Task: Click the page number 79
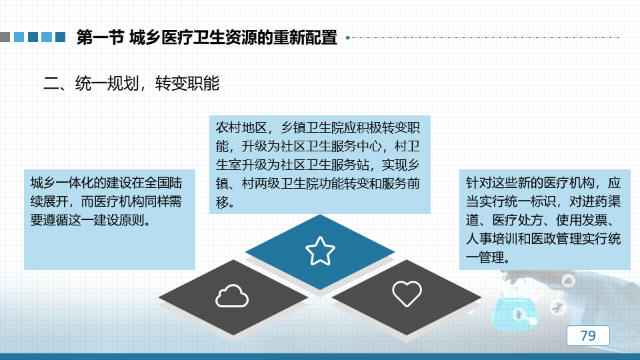tap(588, 335)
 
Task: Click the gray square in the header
tap(5, 37)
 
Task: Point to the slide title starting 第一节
tap(207, 37)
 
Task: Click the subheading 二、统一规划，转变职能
tap(131, 83)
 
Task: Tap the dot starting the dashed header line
tap(348, 37)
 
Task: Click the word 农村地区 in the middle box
tap(241, 128)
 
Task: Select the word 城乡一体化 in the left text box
tap(61, 183)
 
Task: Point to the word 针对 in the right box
tap(479, 183)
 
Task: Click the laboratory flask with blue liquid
tap(515, 308)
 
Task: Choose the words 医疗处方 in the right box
tap(517, 221)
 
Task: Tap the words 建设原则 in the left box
tap(119, 221)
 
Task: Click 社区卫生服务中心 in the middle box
tap(331, 147)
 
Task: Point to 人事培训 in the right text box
tap(491, 239)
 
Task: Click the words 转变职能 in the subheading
tap(187, 83)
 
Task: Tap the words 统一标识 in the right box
tap(530, 201)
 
